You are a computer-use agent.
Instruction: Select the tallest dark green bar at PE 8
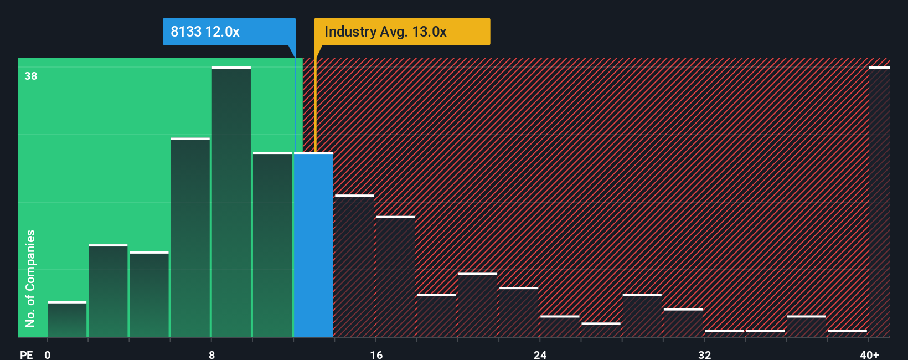click(231, 202)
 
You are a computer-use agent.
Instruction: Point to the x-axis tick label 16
click(376, 354)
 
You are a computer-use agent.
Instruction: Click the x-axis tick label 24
click(540, 354)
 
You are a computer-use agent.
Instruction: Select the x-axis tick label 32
click(704, 354)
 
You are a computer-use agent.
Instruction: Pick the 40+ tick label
click(869, 354)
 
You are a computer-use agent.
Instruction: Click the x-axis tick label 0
click(48, 354)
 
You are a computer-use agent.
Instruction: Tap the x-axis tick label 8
click(211, 354)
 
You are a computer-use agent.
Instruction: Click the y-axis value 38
click(31, 76)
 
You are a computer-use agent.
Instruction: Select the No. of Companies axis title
click(30, 278)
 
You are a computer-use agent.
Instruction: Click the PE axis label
click(26, 354)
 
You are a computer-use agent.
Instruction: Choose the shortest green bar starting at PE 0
click(67, 320)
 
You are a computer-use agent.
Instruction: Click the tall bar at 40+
click(879, 202)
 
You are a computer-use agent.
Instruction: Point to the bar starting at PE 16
click(395, 276)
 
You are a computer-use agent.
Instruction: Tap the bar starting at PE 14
click(354, 266)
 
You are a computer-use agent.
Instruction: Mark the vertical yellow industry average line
click(315, 100)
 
